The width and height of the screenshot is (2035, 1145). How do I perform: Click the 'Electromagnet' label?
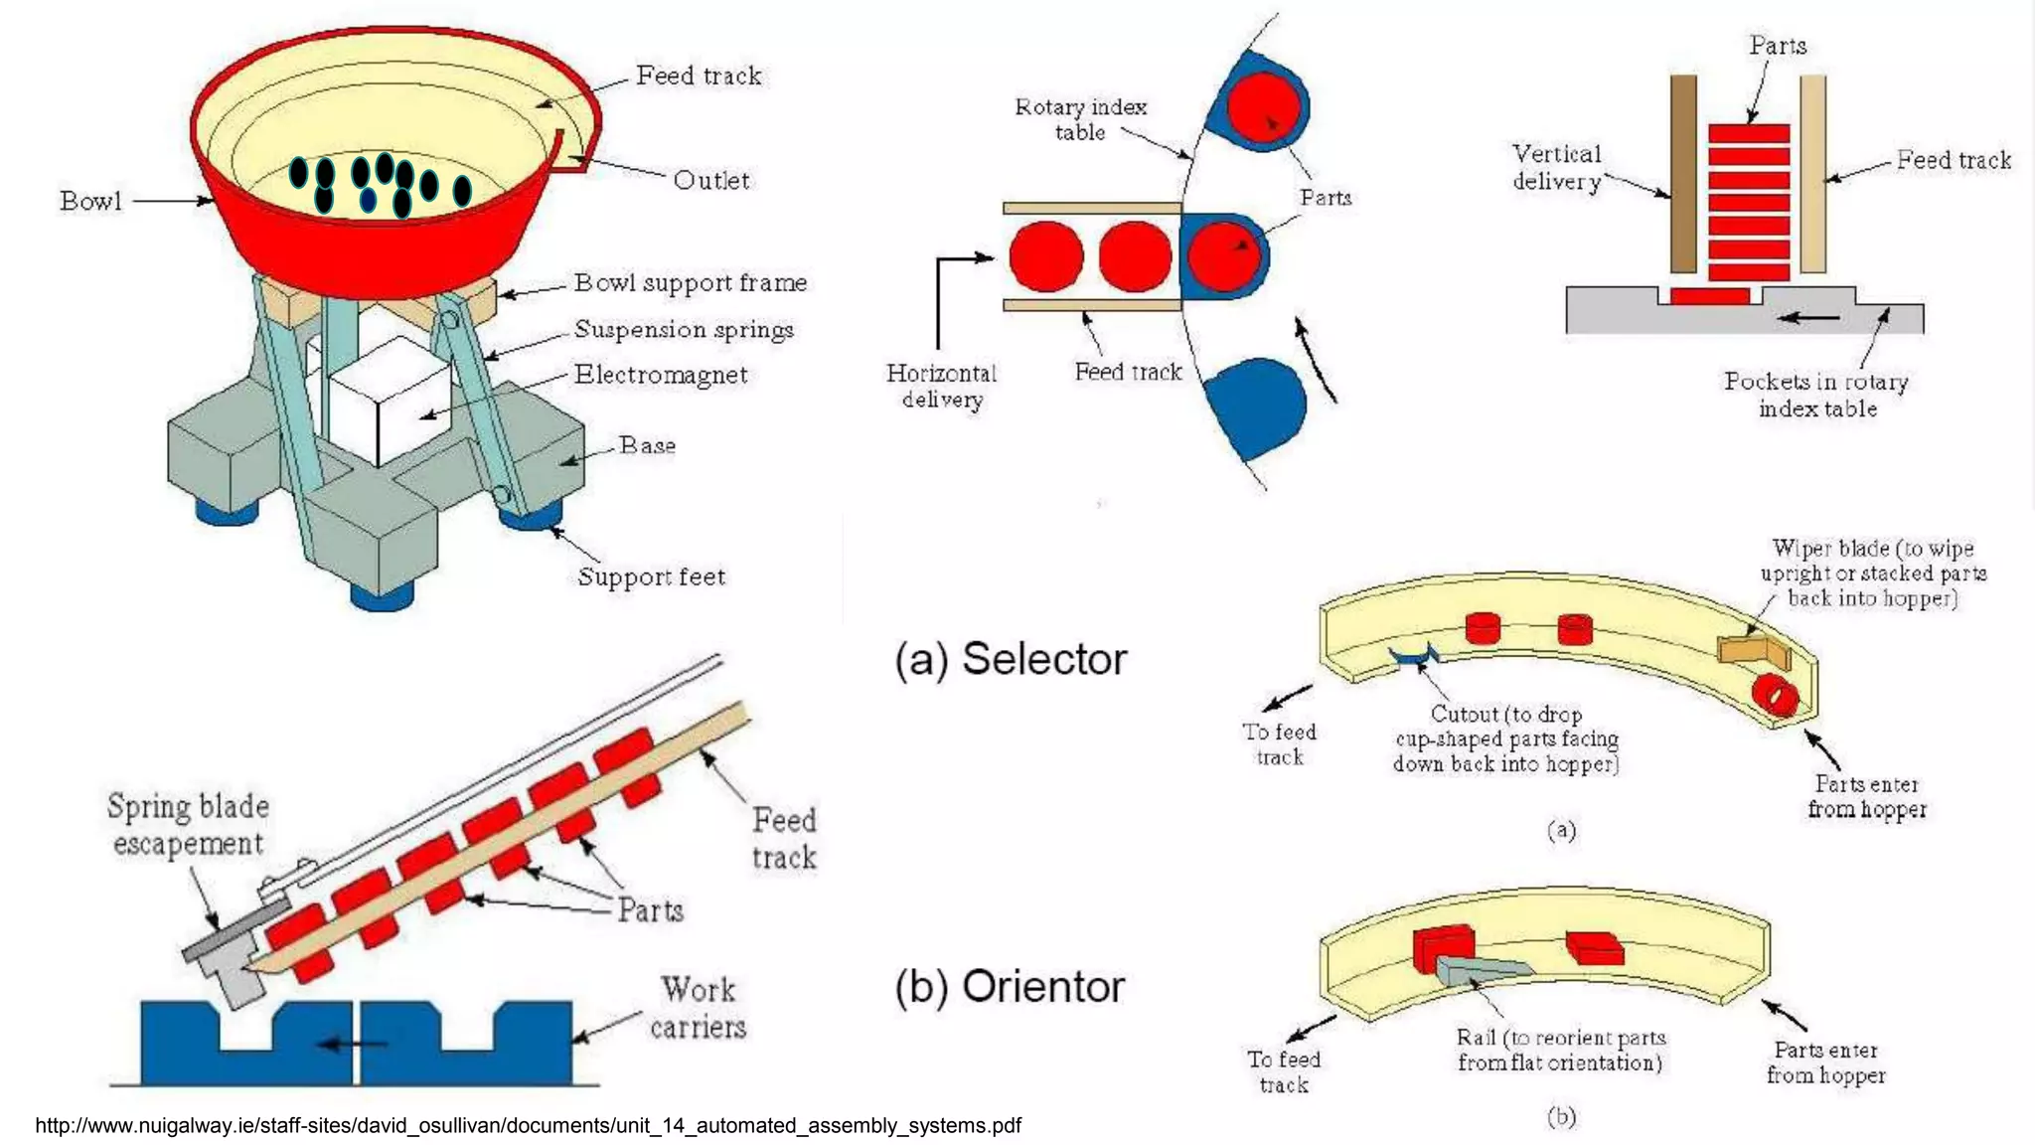(661, 375)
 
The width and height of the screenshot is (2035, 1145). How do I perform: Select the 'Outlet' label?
(710, 181)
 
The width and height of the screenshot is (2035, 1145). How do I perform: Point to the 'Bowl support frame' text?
(690, 283)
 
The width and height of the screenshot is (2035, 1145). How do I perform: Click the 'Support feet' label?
(651, 577)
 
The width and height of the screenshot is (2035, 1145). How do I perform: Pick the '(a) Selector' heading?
(1011, 659)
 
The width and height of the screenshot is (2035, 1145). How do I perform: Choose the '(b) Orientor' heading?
(1010, 987)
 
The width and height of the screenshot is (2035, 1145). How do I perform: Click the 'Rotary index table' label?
(1080, 119)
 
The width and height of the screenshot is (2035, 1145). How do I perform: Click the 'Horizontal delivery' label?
(941, 387)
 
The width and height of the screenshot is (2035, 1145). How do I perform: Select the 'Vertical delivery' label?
(1556, 167)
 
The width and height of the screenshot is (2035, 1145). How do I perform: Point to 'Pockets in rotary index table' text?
(1816, 395)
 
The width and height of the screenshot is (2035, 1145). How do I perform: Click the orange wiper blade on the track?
(1753, 651)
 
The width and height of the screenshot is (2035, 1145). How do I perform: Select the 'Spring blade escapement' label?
(188, 825)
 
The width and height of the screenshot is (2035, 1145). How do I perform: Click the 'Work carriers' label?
(699, 1008)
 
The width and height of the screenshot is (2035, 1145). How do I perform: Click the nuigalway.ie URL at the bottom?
(528, 1125)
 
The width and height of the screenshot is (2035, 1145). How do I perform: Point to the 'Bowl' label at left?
(90, 202)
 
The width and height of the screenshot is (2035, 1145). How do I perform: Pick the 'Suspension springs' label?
(684, 330)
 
